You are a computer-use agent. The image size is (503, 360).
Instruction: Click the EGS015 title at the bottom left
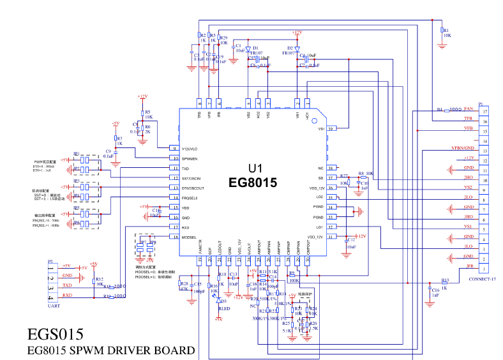[56, 334]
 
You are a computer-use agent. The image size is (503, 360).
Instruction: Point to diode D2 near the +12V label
[297, 49]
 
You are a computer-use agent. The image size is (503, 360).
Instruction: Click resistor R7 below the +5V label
[115, 139]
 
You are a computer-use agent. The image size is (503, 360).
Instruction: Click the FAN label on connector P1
[468, 109]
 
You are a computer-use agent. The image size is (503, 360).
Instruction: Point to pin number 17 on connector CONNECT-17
[486, 112]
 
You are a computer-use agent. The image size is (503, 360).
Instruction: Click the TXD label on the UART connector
[67, 285]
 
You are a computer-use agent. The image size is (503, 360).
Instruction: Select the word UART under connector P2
[55, 306]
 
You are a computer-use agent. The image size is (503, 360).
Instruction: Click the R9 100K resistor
[292, 276]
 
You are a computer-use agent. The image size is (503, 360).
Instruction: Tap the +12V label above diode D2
[297, 32]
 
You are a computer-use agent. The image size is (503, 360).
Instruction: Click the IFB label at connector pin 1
[469, 266]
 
